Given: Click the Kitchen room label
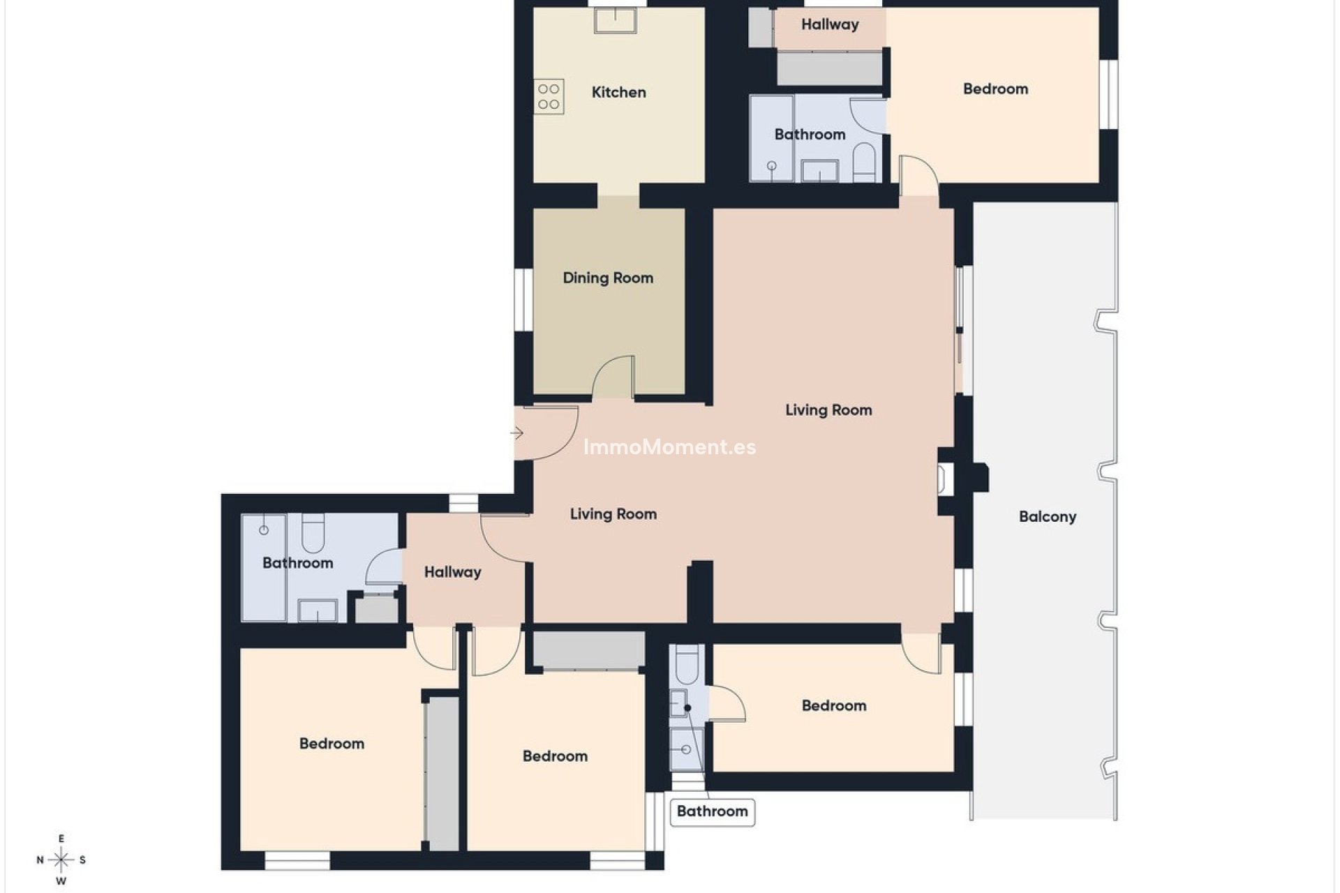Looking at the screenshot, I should point(618,92).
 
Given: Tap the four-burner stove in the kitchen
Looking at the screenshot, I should point(549,97).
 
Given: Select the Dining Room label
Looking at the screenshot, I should point(608,278).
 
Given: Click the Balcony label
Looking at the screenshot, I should point(1047,516).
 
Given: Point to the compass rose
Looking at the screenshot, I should point(61,860).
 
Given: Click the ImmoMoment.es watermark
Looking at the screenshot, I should point(669,447).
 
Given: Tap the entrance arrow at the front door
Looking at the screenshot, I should point(516,433).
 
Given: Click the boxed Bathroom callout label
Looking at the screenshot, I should point(712,811).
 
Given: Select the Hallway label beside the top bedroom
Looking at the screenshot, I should point(829,24).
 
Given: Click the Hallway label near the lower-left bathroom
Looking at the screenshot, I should point(452,572).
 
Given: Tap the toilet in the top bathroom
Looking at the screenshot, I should point(863,163).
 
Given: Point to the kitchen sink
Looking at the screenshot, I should point(616,20).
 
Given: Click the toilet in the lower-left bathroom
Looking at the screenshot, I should point(312,533).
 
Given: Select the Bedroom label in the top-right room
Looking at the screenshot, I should point(995,89).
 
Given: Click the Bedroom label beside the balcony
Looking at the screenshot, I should point(833,705).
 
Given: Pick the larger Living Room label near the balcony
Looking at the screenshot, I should point(828,410).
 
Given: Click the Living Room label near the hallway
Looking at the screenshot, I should point(613,514).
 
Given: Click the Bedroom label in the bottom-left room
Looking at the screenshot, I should point(332,744).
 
